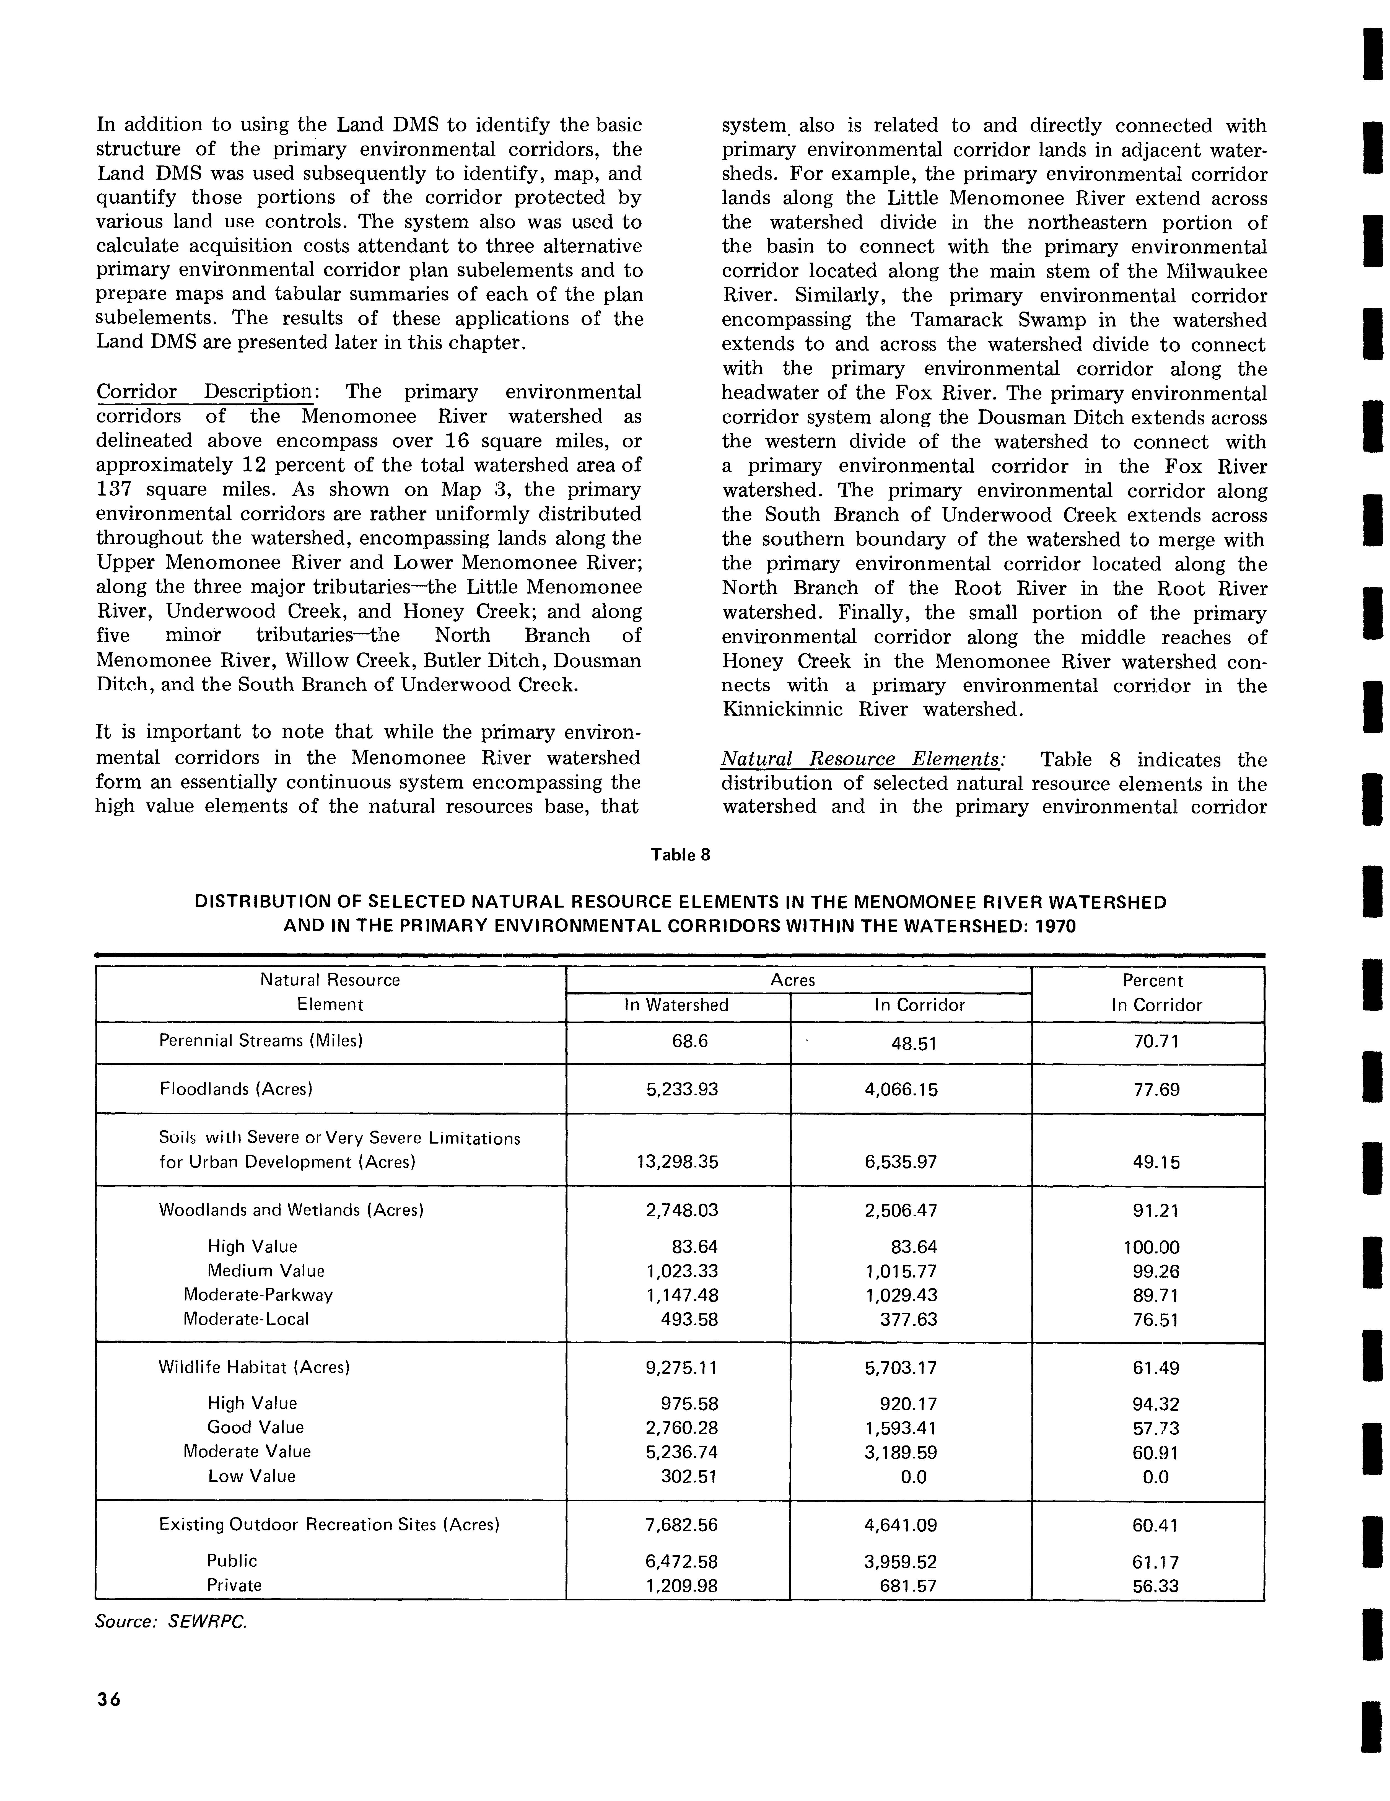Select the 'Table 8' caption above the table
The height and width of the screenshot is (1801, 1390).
(680, 854)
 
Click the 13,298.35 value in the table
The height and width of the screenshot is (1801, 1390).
(677, 1162)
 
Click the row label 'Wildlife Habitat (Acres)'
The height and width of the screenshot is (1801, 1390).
(254, 1367)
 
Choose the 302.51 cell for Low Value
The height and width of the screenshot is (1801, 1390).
(689, 1476)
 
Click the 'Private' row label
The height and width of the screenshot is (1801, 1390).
(234, 1585)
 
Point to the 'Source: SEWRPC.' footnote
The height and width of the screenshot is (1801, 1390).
(171, 1621)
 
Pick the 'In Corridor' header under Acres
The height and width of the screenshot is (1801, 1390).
(919, 1004)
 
